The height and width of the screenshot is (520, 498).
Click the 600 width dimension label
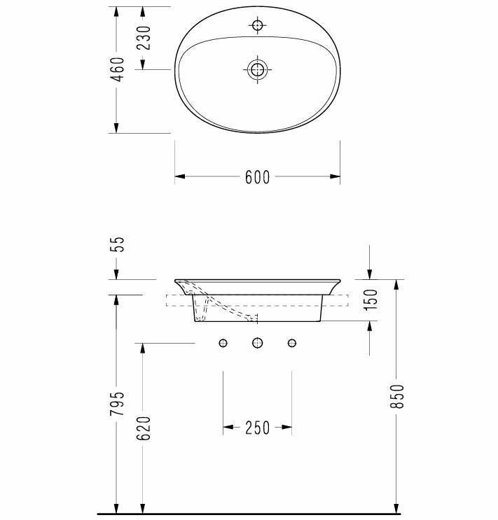pos(257,177)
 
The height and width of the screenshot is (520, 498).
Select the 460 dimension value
pos(118,69)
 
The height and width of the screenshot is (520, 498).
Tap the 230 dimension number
pos(144,38)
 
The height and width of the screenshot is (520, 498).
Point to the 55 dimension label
pos(118,244)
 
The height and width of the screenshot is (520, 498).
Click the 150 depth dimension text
pos(371,300)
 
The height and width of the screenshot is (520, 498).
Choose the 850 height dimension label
pos(397,396)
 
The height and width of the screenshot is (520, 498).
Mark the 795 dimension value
pos(118,404)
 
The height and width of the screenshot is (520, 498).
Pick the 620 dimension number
pos(144,428)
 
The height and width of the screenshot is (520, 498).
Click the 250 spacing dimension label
pos(257,428)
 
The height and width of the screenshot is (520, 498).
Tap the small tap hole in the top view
pos(257,25)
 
